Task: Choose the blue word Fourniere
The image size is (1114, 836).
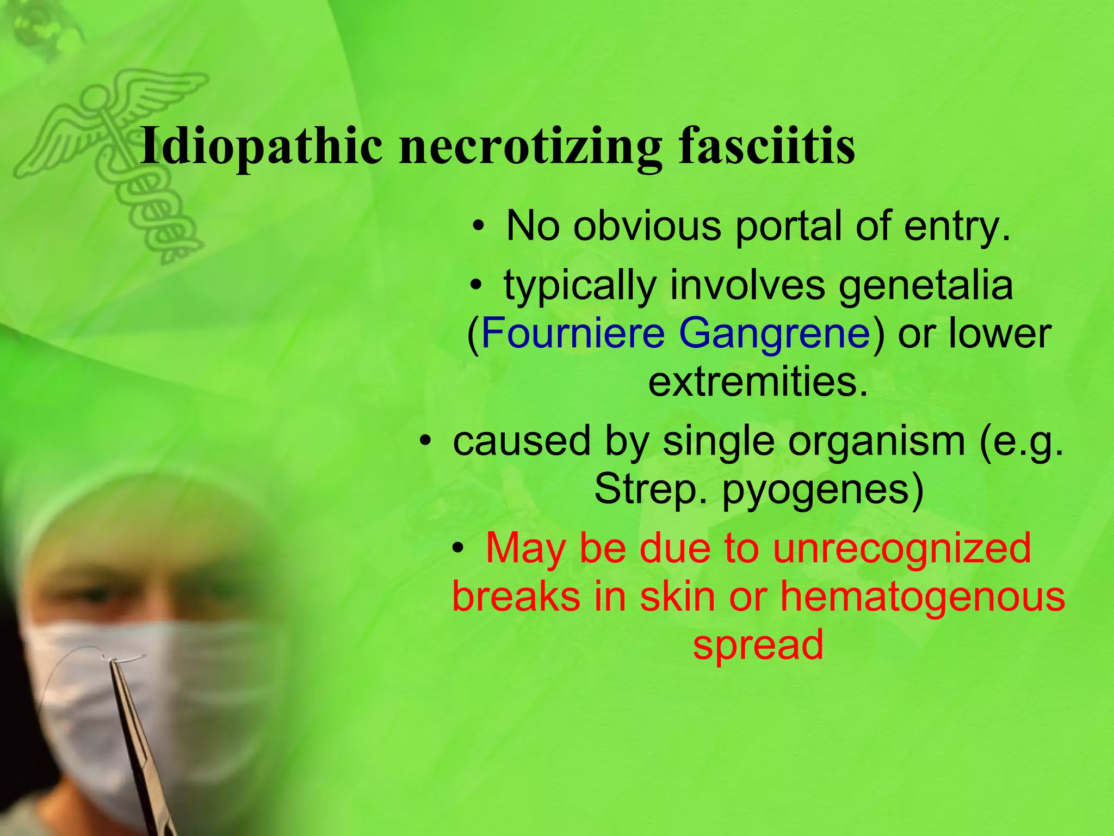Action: click(x=573, y=333)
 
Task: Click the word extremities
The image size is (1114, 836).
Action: click(x=758, y=382)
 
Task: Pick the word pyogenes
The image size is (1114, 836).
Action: click(x=822, y=489)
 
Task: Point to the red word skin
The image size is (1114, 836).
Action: click(x=677, y=596)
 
